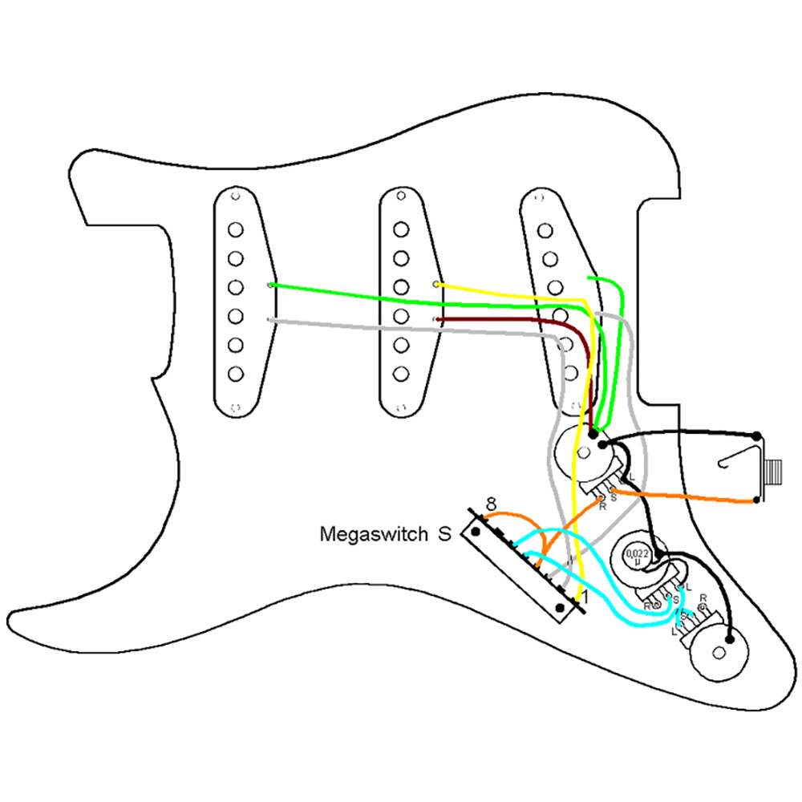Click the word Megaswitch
pos(374,533)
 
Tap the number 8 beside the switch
pos(491,504)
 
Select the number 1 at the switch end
pos(583,597)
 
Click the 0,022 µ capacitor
pos(638,554)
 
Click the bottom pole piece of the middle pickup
pos(400,373)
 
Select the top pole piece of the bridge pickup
pos(545,230)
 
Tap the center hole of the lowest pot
pos(730,639)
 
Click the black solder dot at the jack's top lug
pos(757,435)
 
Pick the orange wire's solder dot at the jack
pos(757,502)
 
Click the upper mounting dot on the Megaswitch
pos(476,531)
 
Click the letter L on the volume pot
pos(632,478)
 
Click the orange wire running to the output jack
pos(690,496)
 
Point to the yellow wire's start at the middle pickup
pos(436,284)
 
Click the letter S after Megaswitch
pos(444,533)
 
